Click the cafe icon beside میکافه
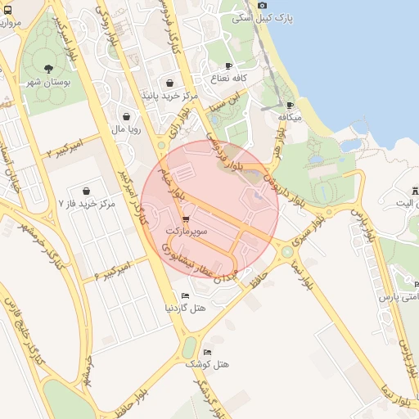(290, 106)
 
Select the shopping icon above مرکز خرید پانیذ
(169, 83)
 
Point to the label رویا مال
(128, 128)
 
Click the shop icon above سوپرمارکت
(187, 219)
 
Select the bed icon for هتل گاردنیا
(185, 296)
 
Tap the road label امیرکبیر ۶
(111, 268)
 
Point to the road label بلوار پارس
(365, 225)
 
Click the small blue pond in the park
(350, 145)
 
